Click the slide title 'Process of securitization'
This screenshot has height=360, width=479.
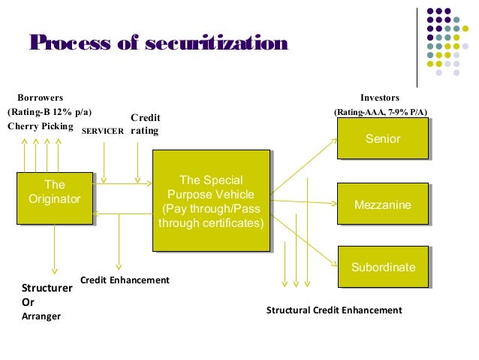(158, 43)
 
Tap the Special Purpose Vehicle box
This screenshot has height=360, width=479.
(211, 201)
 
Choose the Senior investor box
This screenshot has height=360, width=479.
(382, 139)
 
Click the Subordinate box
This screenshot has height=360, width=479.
(382, 268)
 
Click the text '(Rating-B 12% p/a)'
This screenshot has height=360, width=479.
(50, 112)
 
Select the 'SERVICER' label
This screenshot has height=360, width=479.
(102, 131)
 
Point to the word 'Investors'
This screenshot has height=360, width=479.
(380, 98)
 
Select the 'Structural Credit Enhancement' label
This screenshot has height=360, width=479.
(334, 310)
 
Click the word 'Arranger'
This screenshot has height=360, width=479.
(41, 316)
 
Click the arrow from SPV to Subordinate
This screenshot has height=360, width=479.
(303, 237)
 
